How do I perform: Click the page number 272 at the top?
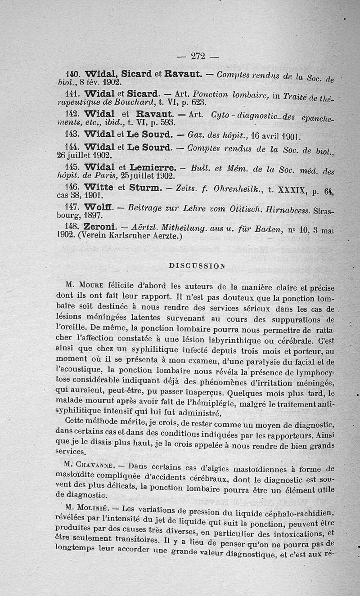(198, 56)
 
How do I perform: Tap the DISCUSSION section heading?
(196, 266)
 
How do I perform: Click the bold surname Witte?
(99, 187)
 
